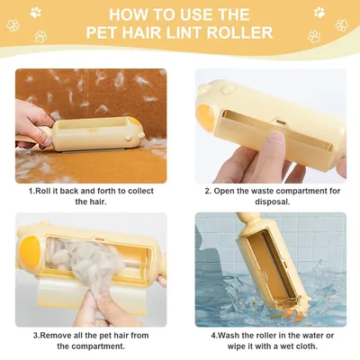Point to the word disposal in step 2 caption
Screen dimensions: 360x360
coord(273,202)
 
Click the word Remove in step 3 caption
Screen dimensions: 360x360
coord(55,336)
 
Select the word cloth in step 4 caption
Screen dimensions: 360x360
coord(306,346)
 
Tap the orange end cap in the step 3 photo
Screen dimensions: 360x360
coord(30,251)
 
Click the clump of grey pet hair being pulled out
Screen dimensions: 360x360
coord(87,263)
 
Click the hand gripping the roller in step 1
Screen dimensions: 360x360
coord(33,123)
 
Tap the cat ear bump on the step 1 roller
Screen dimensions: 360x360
coord(129,139)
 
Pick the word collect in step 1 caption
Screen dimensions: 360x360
coord(140,191)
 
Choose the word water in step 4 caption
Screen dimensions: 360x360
coord(315,336)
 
